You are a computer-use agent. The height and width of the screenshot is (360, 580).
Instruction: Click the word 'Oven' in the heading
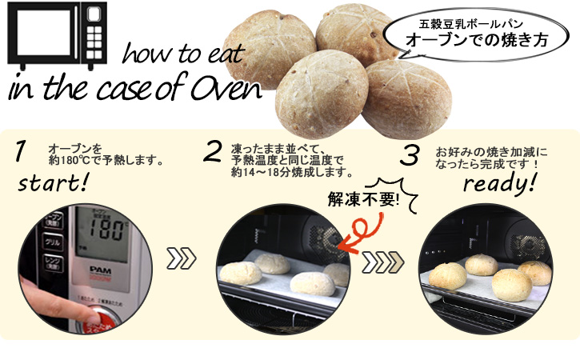[228, 89]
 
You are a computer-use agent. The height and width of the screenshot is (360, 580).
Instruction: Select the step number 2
[213, 151]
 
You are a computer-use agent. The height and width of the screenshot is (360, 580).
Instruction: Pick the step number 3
[410, 155]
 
